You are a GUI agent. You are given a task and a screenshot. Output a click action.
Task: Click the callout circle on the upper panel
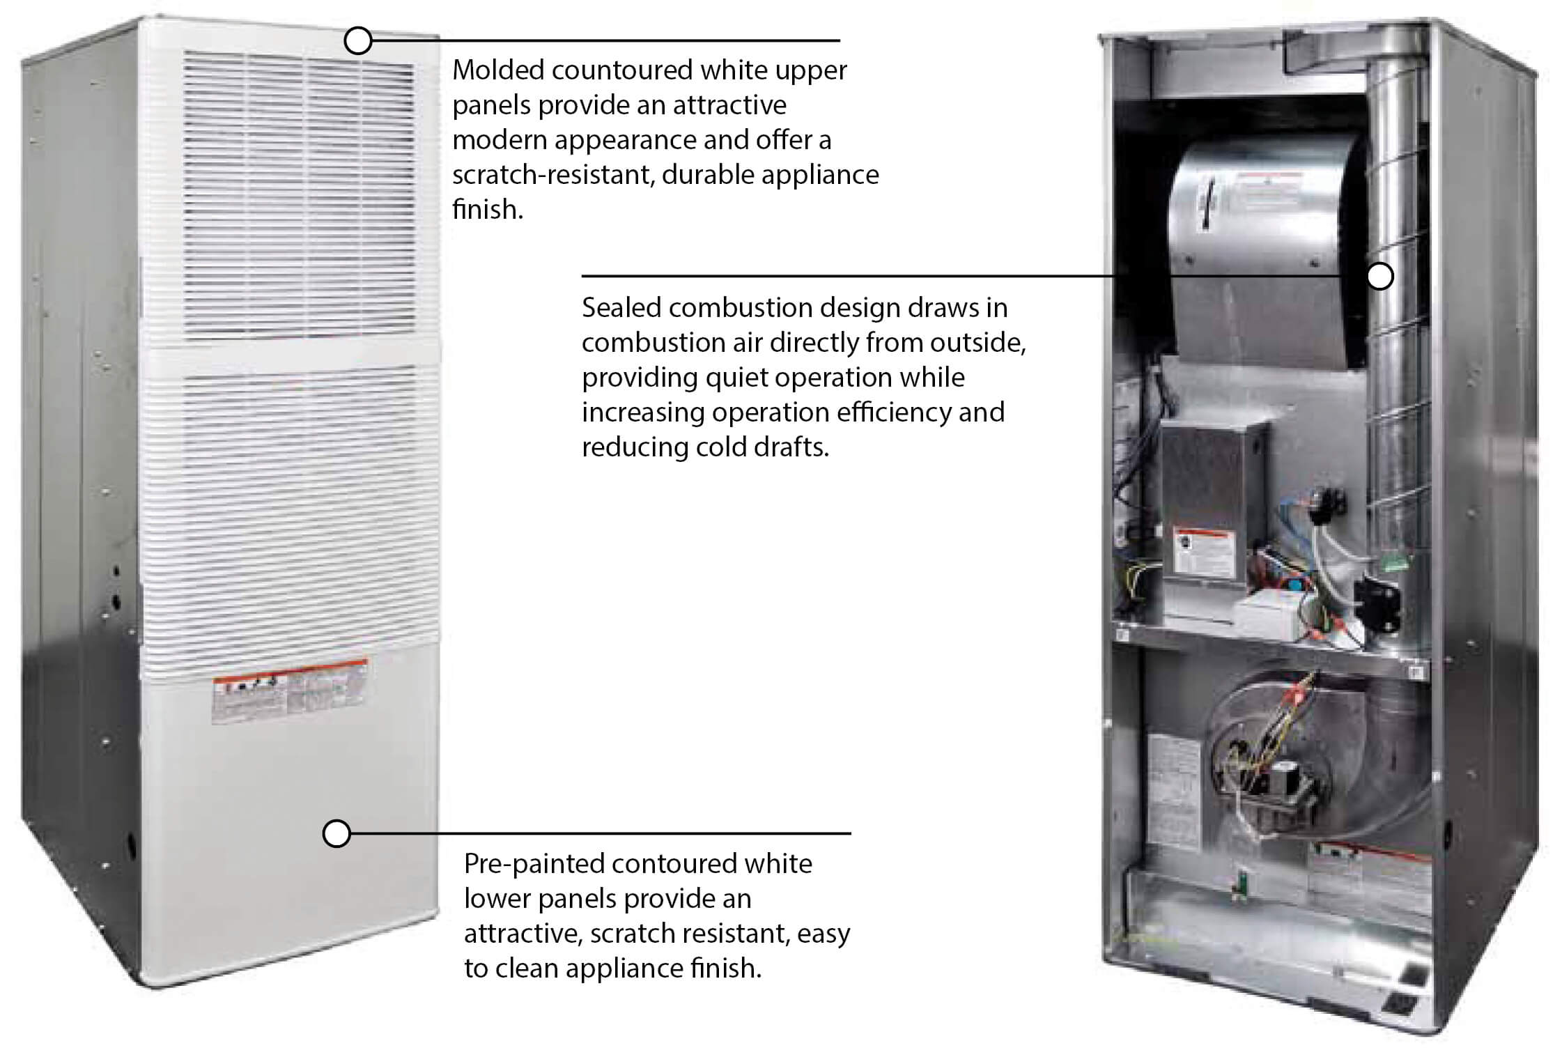357,41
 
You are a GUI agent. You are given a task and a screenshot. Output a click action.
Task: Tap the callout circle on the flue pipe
1380,277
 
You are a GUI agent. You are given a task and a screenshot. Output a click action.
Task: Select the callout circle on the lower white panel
337,833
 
